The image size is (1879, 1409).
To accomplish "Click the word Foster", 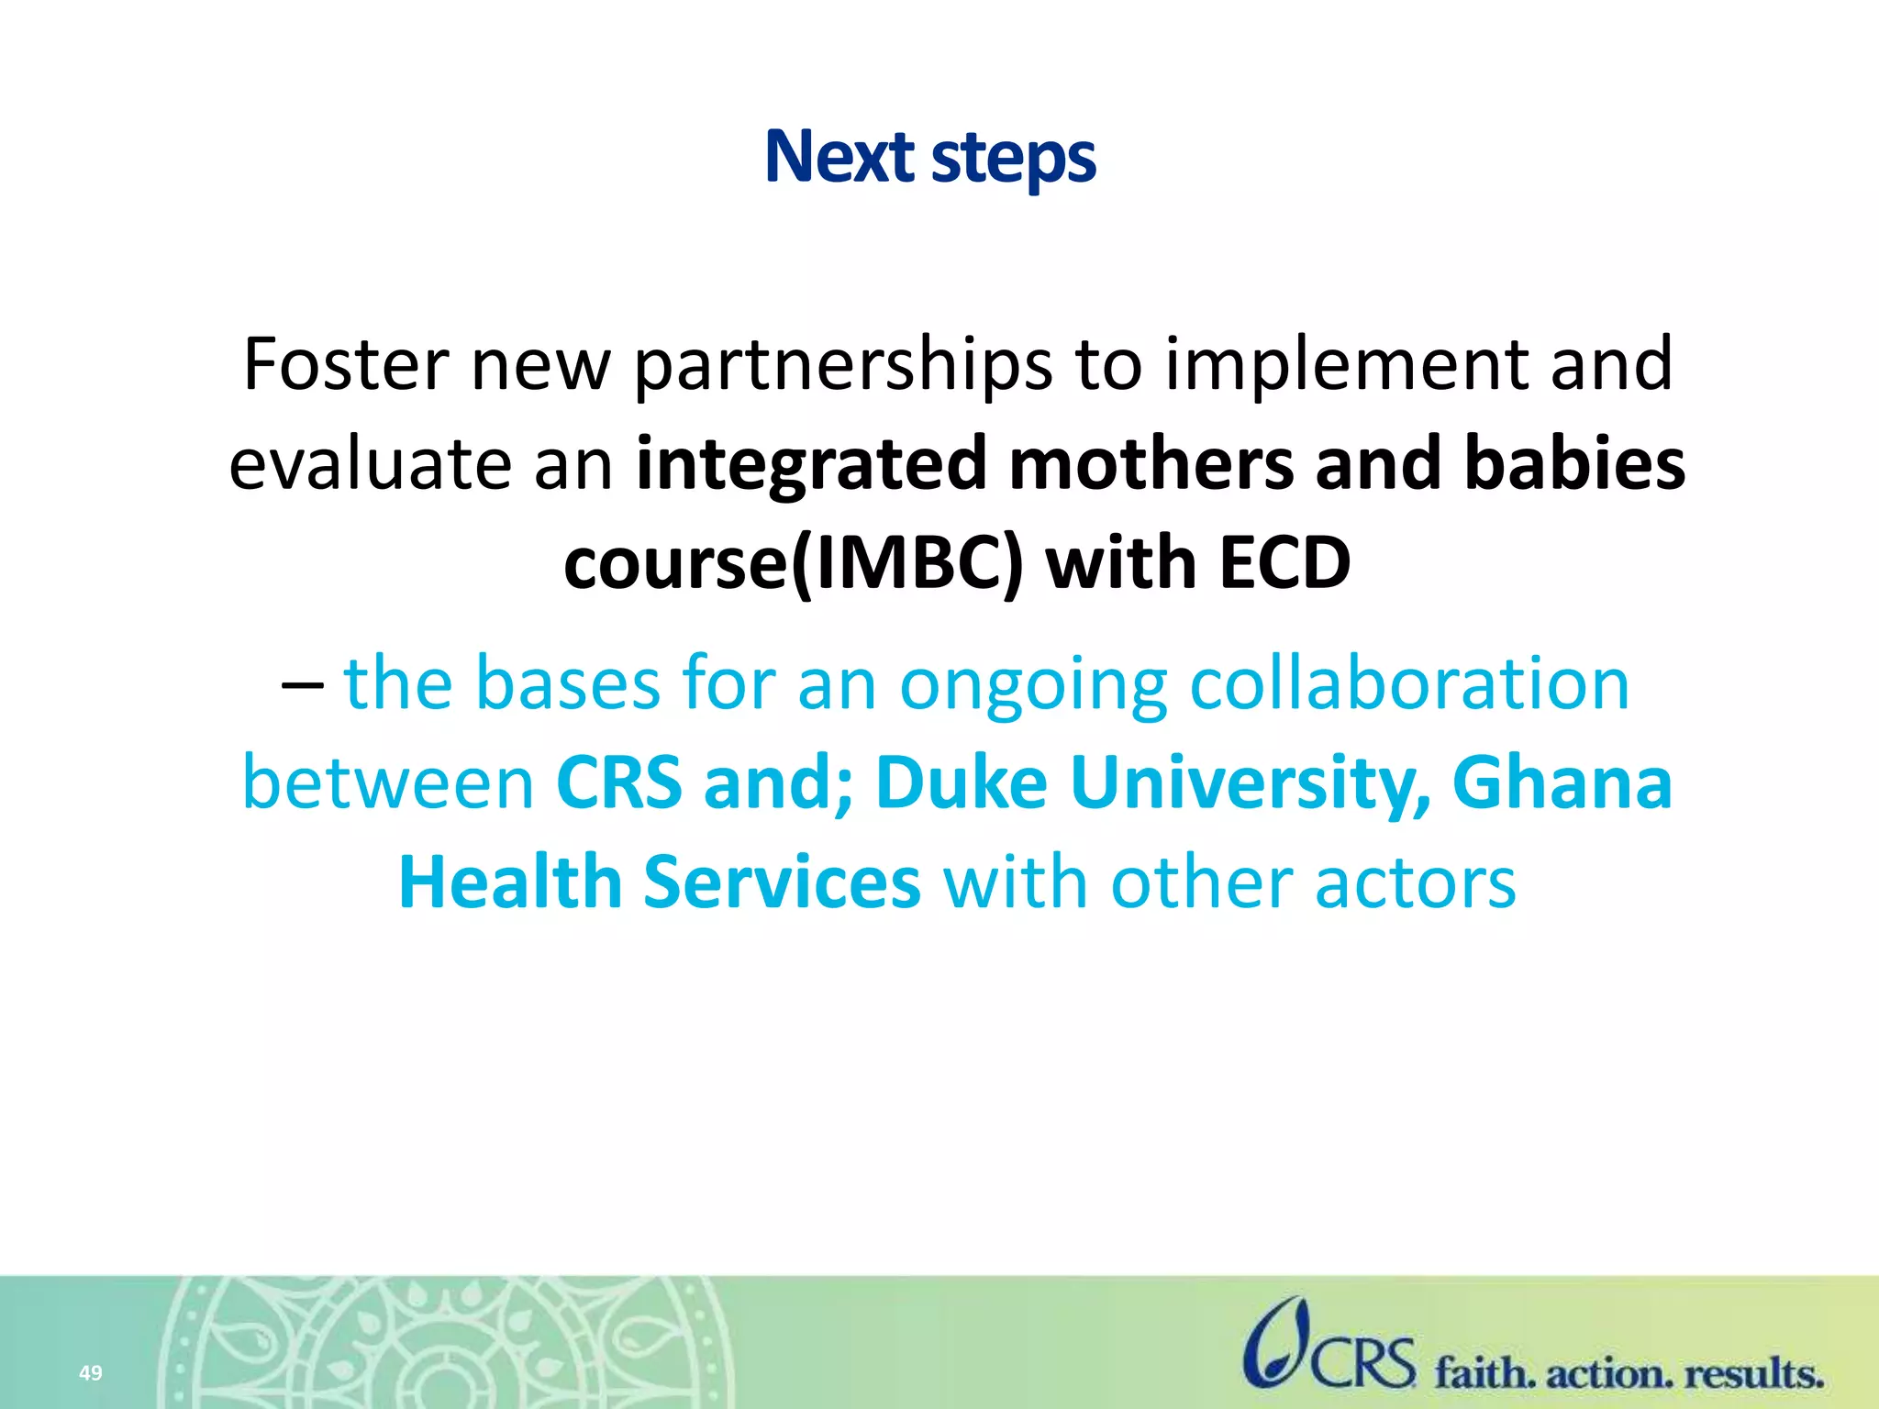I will tap(346, 365).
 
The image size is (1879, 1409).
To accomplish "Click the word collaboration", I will tap(1409, 684).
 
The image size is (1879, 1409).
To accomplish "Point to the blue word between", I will tap(388, 784).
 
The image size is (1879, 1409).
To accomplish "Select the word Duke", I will tap(961, 784).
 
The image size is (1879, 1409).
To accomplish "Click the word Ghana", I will tap(1562, 784).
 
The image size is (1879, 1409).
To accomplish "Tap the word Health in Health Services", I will tap(510, 883).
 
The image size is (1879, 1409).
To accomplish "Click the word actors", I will tap(1415, 883).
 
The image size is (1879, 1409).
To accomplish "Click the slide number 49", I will tap(90, 1373).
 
